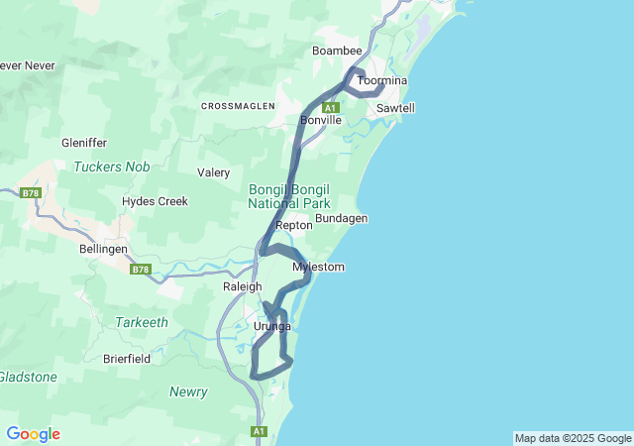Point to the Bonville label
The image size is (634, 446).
click(x=321, y=120)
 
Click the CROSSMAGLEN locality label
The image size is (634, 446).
click(x=238, y=106)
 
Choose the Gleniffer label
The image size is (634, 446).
click(x=84, y=143)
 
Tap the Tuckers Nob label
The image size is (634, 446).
click(x=112, y=167)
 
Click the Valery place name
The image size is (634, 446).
click(x=214, y=172)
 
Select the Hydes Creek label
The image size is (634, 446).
click(x=155, y=201)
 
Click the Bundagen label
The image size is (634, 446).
click(x=342, y=218)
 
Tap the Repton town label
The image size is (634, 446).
click(x=294, y=226)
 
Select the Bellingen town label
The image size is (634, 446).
click(x=103, y=250)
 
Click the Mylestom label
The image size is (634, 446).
click(x=318, y=268)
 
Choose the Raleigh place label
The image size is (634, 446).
click(x=242, y=286)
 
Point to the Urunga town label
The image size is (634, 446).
click(x=272, y=326)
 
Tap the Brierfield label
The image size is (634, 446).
click(x=127, y=359)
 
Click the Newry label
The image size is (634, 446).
click(x=188, y=391)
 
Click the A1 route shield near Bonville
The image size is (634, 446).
click(x=331, y=107)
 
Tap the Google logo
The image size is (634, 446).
click(x=33, y=434)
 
